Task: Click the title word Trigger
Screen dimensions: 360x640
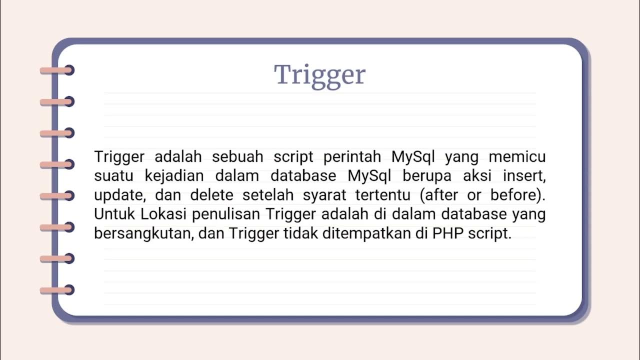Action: [x=320, y=75]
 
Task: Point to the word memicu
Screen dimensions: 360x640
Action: [x=517, y=157]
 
